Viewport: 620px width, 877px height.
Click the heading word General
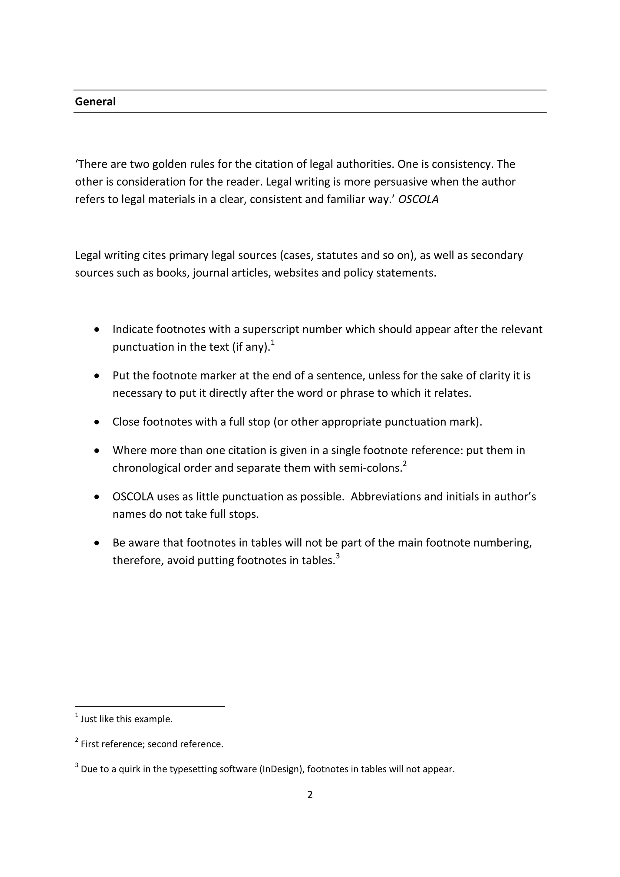(x=95, y=102)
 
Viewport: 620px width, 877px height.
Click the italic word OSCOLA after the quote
(x=418, y=199)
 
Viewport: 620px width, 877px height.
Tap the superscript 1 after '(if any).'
(x=272, y=343)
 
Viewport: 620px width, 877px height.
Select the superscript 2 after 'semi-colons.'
(x=405, y=464)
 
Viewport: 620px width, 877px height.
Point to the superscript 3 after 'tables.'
(x=338, y=556)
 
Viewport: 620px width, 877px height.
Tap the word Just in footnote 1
(x=89, y=719)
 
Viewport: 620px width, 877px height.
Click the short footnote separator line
(x=150, y=706)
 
